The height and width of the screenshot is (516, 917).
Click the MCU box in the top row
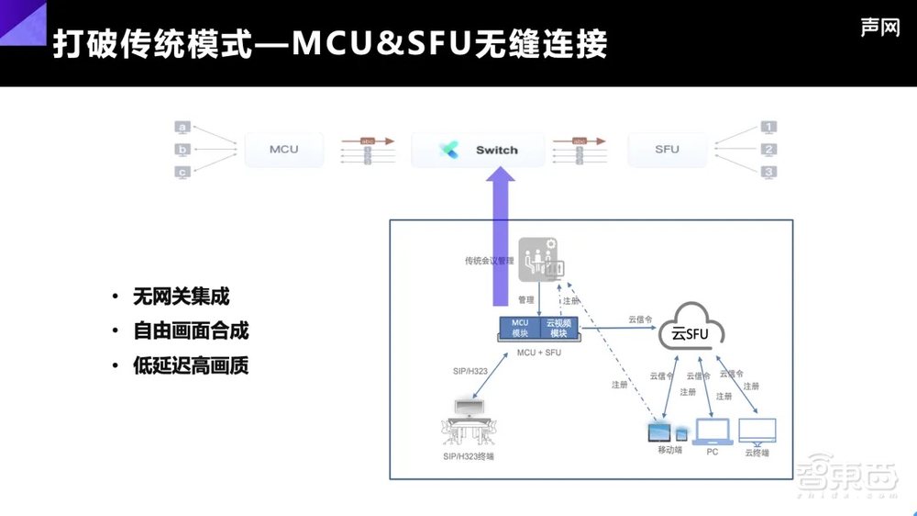tap(284, 150)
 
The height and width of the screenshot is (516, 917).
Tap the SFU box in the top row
tap(667, 150)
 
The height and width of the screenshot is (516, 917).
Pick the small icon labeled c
tap(182, 172)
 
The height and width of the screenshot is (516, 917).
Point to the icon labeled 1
tap(769, 127)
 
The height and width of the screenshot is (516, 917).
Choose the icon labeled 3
tap(769, 172)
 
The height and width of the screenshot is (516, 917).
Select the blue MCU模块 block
tap(520, 328)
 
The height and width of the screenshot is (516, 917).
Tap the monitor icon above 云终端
tap(757, 430)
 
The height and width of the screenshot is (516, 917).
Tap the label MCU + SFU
tap(539, 352)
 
